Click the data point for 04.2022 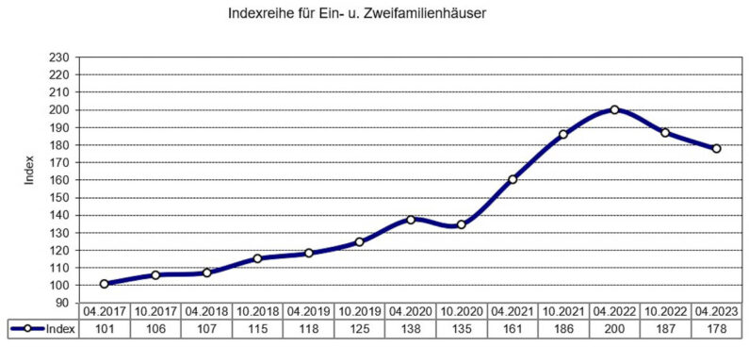614,109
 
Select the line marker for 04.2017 104,284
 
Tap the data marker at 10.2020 462,224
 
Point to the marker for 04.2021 513,179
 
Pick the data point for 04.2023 716,148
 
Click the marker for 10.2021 563,135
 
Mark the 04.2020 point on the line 411,220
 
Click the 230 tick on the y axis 59,58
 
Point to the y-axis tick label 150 59,197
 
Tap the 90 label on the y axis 63,303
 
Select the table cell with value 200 614,329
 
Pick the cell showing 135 462,329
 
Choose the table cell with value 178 716,329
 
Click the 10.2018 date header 257,311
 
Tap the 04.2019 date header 308,311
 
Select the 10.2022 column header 665,311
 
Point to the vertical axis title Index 29,171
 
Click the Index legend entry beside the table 42,329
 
